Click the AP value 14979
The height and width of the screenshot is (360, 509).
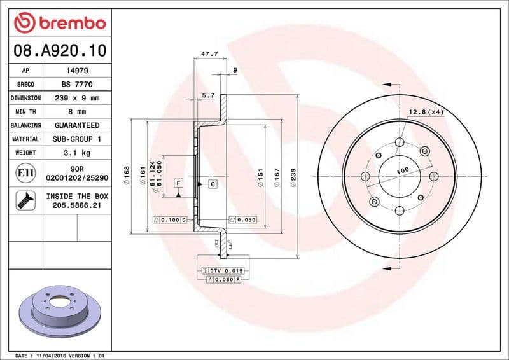pos(77,71)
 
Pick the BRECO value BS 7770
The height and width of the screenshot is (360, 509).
pos(77,84)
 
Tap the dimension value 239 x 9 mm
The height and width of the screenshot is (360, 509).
pos(77,98)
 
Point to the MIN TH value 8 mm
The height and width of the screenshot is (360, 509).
pos(77,112)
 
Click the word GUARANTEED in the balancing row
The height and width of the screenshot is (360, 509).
pos(77,125)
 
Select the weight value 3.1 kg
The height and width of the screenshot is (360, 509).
pos(77,153)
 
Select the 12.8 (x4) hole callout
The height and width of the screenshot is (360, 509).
pos(426,112)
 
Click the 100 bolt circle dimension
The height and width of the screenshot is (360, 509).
pos(402,171)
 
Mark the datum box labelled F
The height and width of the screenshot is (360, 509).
pos(179,183)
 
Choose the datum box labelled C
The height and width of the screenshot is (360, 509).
pos(212,184)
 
